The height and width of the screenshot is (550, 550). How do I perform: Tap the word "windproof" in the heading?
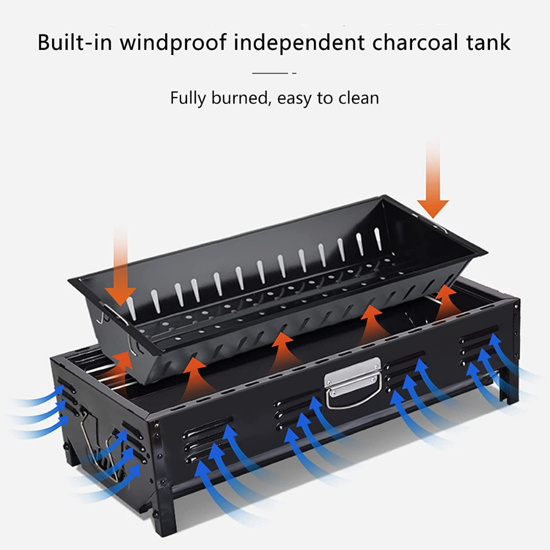[175, 42]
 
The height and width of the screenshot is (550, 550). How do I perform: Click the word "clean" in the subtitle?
[356, 98]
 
